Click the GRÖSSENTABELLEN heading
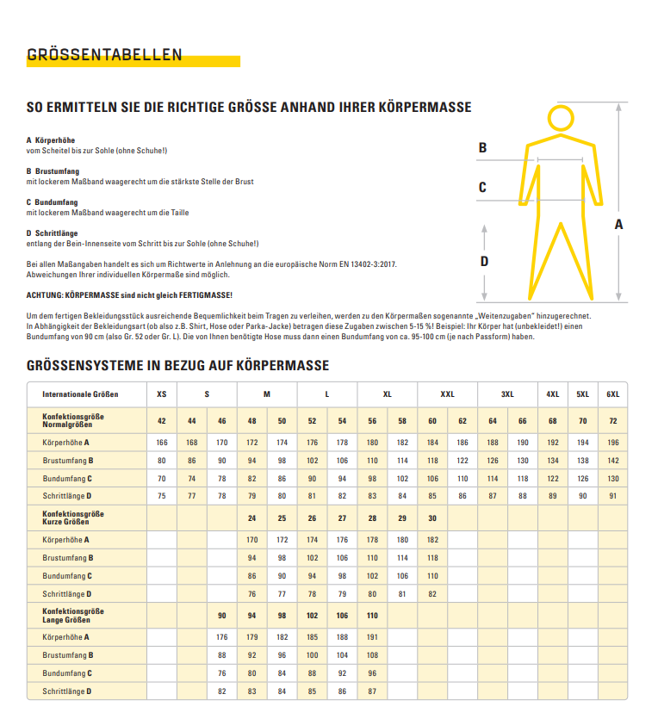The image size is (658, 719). click(104, 55)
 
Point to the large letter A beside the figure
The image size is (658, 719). click(618, 224)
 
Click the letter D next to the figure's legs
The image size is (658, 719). click(484, 262)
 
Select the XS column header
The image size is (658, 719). click(162, 394)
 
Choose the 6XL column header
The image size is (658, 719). click(612, 394)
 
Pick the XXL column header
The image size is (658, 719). click(447, 394)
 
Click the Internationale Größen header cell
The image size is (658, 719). click(81, 394)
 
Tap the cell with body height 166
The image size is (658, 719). click(162, 442)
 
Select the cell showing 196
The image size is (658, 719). click(612, 442)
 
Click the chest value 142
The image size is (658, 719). click(612, 461)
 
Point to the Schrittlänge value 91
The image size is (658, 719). click(612, 497)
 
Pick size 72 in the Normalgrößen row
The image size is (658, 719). click(612, 421)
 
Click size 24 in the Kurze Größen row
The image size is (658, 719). click(252, 518)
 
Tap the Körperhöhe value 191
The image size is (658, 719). click(372, 637)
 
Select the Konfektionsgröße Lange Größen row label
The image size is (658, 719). click(74, 615)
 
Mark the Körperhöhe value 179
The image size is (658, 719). click(252, 637)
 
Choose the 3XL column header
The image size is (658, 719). click(507, 394)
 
